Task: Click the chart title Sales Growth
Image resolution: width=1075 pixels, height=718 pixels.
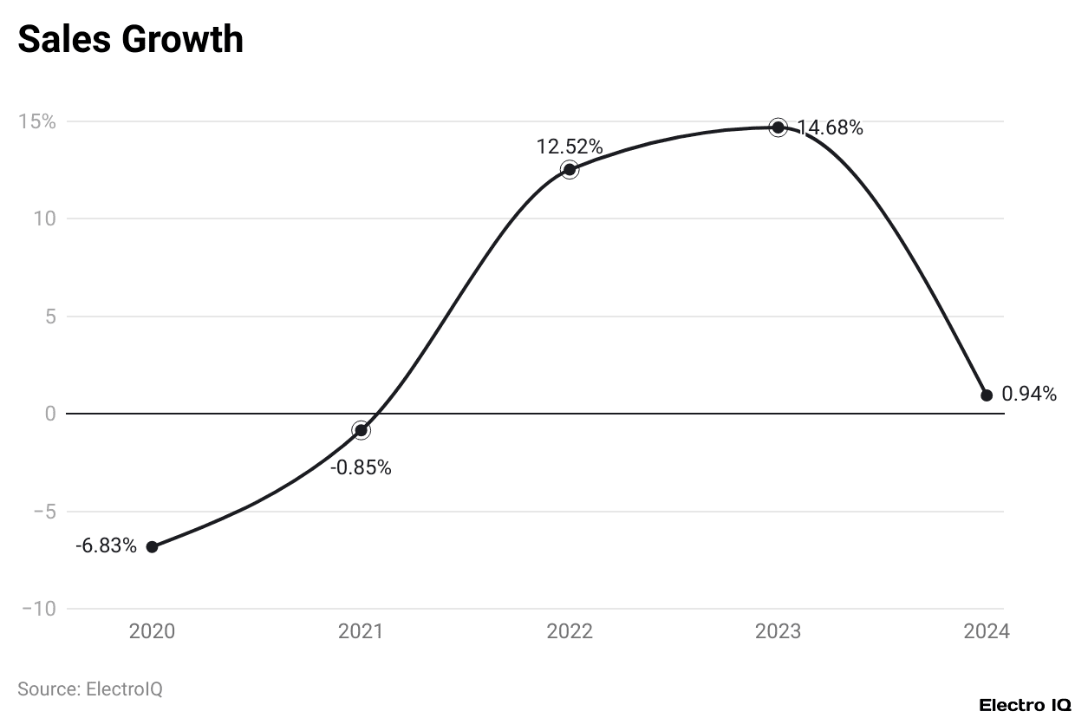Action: point(130,39)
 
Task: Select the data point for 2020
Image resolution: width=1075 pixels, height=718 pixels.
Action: point(152,546)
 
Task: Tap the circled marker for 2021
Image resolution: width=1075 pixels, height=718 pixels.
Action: point(361,430)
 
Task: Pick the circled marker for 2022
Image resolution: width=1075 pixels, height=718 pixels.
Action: point(569,169)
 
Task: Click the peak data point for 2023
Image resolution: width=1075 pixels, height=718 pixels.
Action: point(778,127)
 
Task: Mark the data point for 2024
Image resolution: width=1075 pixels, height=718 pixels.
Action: point(987,395)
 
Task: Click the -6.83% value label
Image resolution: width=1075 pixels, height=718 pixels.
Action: point(106,546)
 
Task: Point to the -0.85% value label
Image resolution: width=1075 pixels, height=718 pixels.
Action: point(361,467)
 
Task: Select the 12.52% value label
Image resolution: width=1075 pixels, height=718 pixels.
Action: point(569,146)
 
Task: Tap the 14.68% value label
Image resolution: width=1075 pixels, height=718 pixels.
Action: point(830,128)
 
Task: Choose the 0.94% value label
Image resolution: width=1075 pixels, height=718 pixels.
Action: point(1029,395)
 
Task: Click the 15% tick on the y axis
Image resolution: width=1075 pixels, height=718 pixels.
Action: point(37,121)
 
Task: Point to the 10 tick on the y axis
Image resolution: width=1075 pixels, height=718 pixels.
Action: point(45,219)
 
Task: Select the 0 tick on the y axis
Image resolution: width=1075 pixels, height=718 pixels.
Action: point(50,414)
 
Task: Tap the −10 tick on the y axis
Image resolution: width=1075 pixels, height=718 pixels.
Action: point(39,609)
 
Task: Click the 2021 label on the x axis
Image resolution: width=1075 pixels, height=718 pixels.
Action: point(361,631)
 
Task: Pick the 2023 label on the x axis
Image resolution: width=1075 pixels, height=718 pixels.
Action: point(778,631)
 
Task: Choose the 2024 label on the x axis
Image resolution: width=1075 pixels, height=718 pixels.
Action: point(987,631)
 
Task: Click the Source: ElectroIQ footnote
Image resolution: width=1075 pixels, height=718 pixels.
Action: point(90,689)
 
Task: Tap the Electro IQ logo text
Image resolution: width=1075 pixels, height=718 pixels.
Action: point(1025,705)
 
